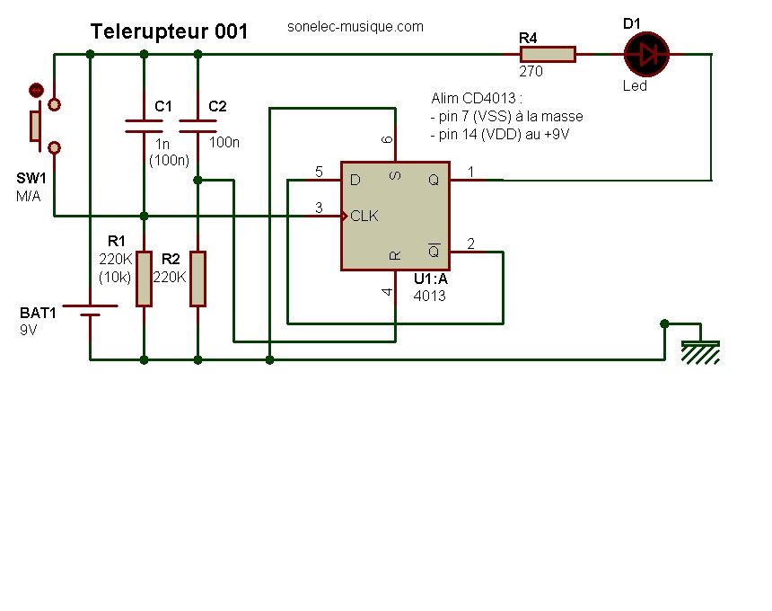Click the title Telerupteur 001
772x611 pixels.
[169, 31]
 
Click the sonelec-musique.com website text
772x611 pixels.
[355, 27]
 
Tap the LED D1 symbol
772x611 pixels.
[647, 54]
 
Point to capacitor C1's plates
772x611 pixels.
[144, 125]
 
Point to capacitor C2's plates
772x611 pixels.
[197, 125]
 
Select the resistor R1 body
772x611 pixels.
[144, 279]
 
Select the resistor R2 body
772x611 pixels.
[197, 279]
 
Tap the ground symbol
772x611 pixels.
[700, 350]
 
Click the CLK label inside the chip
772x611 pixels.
[364, 217]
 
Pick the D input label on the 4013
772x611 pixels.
[355, 181]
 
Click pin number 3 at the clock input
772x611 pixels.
[319, 208]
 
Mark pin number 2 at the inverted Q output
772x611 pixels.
[471, 244]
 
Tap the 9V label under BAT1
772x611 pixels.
[29, 330]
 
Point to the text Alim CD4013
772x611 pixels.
[477, 98]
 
